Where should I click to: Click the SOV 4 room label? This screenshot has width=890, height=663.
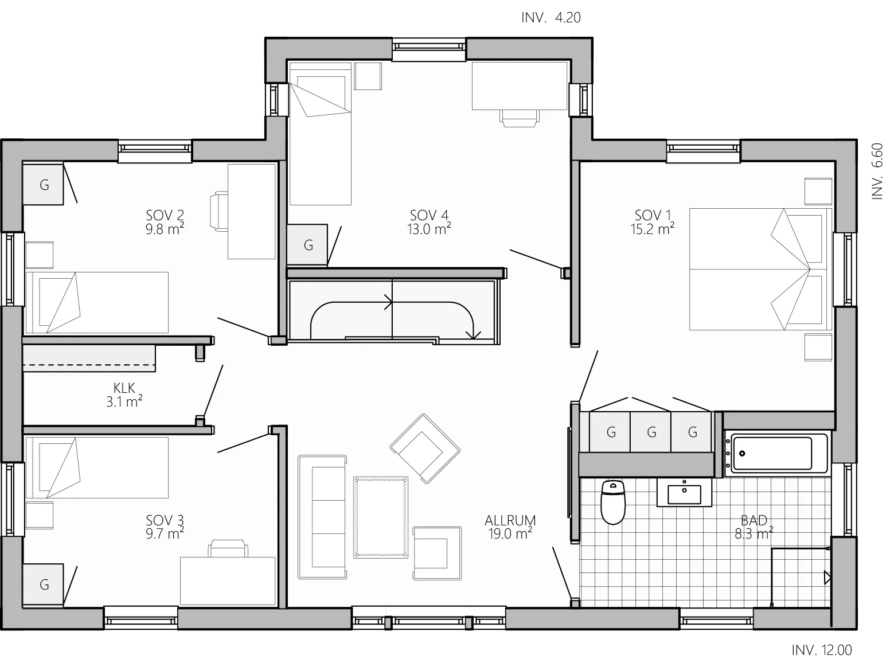click(x=428, y=216)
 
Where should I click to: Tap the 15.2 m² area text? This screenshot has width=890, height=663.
click(x=652, y=229)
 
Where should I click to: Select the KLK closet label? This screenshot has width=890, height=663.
click(x=124, y=388)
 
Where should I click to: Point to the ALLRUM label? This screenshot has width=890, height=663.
click(x=510, y=521)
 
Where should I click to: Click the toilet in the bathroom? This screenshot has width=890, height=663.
click(x=612, y=502)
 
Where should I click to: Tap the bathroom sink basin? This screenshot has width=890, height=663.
click(x=684, y=494)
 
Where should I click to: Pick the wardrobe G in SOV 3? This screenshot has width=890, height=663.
click(x=44, y=584)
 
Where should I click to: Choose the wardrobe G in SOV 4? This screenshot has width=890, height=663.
click(x=307, y=244)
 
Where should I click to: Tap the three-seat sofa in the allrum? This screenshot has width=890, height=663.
click(x=322, y=517)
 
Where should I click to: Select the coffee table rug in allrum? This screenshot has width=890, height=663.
click(x=380, y=517)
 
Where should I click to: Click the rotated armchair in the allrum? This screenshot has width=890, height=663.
click(x=425, y=448)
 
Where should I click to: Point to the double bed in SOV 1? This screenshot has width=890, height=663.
click(x=760, y=269)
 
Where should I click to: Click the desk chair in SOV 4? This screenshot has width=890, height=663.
click(x=519, y=118)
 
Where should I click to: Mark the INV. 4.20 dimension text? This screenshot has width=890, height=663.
click(x=551, y=18)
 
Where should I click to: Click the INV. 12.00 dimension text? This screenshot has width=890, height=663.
click(x=821, y=650)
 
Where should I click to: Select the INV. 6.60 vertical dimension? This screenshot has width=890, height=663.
click(x=877, y=171)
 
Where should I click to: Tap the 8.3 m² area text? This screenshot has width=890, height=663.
click(x=754, y=534)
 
